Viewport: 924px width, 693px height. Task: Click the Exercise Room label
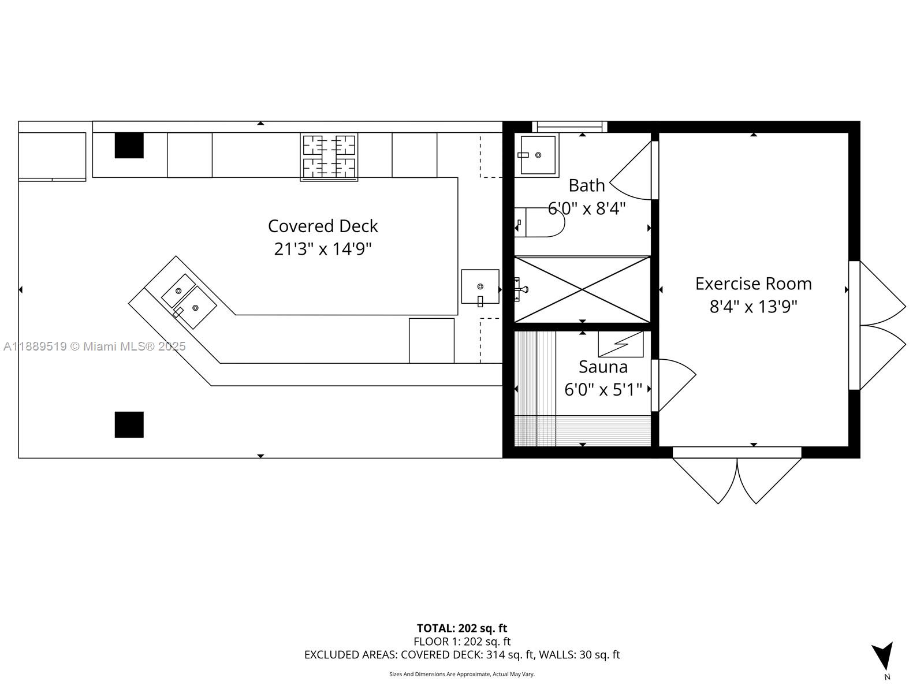pyautogui.click(x=753, y=284)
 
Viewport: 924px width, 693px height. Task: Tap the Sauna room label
pyautogui.click(x=603, y=367)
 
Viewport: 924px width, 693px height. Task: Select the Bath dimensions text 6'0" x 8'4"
pyautogui.click(x=586, y=208)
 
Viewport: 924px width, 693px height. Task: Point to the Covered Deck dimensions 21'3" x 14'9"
pyautogui.click(x=322, y=249)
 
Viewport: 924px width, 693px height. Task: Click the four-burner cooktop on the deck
pyautogui.click(x=329, y=157)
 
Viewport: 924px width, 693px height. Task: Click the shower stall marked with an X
pyautogui.click(x=582, y=289)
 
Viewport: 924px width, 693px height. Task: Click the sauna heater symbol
pyautogui.click(x=620, y=344)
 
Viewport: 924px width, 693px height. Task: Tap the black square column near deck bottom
pyautogui.click(x=129, y=424)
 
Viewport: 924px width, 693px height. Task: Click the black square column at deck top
pyautogui.click(x=129, y=145)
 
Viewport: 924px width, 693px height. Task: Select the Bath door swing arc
pyautogui.click(x=631, y=170)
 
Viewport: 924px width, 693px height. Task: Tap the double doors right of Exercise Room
pyautogui.click(x=880, y=325)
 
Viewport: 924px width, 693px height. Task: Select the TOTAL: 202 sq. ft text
pyautogui.click(x=462, y=628)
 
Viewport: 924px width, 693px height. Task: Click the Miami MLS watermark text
pyautogui.click(x=95, y=346)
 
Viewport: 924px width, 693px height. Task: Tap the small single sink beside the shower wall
pyautogui.click(x=480, y=286)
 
